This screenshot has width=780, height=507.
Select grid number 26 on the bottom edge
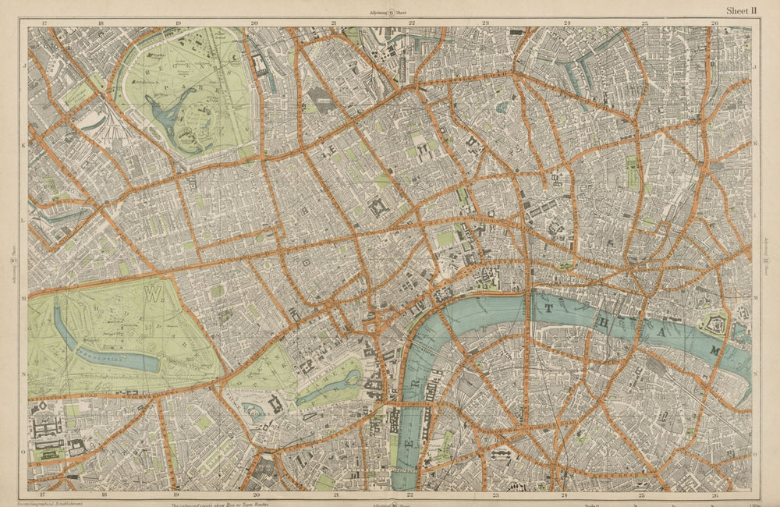pyautogui.click(x=715, y=495)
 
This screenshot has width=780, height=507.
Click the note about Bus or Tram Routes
pyautogui.click(x=234, y=503)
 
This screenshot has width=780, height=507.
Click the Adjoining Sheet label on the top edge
pyautogui.click(x=390, y=13)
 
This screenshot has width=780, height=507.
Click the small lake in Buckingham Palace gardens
pyautogui.click(x=254, y=410)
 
